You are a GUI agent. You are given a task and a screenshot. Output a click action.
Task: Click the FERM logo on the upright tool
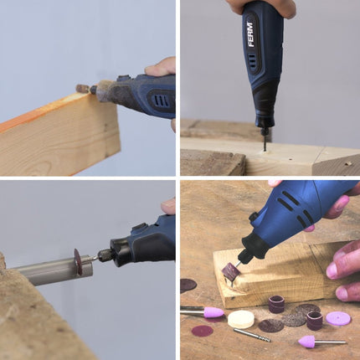tap(250, 35)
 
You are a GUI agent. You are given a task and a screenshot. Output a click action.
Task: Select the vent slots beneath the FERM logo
tap(252, 60)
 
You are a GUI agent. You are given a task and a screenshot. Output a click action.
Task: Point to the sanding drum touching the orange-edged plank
tap(83, 89)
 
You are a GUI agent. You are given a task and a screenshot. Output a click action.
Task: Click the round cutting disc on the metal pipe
tap(79, 262)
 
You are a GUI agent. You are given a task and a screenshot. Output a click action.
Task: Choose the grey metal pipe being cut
tap(54, 271)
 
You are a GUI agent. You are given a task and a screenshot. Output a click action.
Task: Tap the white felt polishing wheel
tap(241, 319)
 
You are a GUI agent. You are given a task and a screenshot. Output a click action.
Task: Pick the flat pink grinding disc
tap(338, 319)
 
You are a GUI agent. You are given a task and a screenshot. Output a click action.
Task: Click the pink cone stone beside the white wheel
tap(213, 312)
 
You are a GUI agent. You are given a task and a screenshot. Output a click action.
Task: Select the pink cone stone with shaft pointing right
tap(308, 341)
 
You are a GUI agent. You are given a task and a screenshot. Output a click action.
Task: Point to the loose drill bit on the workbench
tap(252, 335)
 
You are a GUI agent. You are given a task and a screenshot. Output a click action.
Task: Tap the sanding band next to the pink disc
tap(315, 321)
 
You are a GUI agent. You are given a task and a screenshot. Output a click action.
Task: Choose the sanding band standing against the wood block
tap(276, 304)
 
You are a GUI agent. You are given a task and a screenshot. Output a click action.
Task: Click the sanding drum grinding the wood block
tap(231, 271)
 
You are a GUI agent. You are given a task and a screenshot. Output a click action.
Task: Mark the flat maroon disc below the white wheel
tap(203, 331)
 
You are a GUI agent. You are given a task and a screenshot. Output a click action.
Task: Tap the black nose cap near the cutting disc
tap(121, 252)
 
